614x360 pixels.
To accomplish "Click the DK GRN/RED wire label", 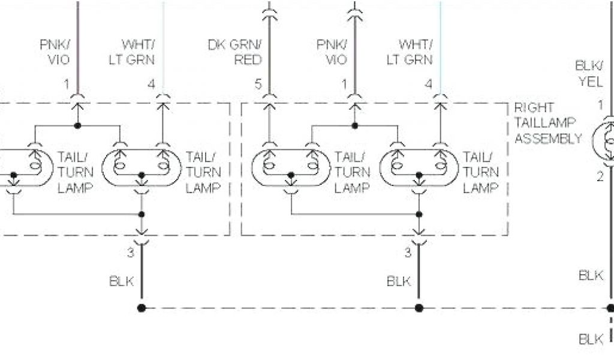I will pos(234,52).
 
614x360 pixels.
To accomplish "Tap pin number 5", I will pos(258,84).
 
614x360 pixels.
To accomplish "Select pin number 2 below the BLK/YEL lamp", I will pos(599,176).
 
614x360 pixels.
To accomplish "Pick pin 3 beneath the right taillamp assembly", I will pos(408,253).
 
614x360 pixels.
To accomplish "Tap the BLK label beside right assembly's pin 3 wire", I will pos(399,280).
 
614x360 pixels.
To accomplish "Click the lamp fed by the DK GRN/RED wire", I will pos(291,166).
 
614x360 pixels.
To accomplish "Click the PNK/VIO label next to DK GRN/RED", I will pos(332,52).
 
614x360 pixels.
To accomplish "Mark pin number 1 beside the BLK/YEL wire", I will pos(600,105).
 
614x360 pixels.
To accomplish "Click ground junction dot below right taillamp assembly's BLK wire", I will pos(419,308).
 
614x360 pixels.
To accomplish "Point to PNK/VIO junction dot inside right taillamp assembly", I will pos(354,126).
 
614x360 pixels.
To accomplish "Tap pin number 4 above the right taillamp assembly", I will pos(428,84).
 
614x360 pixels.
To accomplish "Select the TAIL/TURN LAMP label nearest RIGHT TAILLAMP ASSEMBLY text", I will pos(480,172).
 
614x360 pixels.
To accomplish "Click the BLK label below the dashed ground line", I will pos(591,339).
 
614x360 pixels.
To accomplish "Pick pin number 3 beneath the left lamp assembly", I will pos(131,253).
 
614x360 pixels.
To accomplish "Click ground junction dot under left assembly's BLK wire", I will pos(142,308).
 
